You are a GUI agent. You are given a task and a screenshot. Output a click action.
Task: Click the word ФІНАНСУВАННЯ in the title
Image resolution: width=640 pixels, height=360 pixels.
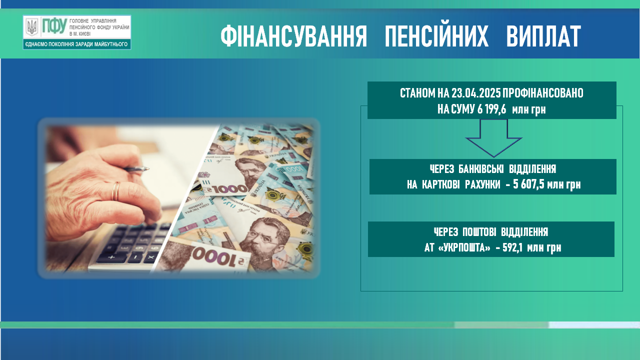coord(293,36)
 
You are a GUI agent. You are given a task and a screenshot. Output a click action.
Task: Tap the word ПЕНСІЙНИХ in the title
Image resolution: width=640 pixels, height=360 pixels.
coord(436,36)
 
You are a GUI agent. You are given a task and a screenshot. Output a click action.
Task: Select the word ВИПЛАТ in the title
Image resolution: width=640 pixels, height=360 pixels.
coord(543,36)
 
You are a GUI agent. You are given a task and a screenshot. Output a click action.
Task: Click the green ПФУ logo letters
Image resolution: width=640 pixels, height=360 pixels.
coord(54,26)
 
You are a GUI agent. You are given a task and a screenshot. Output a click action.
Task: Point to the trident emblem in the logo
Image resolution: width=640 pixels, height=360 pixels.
coord(31,27)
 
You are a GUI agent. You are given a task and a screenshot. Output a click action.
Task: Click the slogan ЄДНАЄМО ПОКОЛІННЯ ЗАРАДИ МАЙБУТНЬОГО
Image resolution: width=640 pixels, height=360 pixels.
coord(76,44)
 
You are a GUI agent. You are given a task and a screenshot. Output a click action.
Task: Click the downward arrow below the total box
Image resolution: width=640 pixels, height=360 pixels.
coord(493,138)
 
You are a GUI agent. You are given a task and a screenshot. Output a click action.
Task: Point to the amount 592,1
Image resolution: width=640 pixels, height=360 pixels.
coord(512,247)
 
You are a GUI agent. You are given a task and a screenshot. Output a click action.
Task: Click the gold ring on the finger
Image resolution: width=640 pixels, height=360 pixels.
coord(115,191)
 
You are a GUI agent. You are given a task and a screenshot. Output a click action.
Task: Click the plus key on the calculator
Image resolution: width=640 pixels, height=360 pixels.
coord(111,257)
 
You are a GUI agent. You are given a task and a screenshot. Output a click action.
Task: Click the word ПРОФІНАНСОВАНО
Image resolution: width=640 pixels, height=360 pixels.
coord(543,93)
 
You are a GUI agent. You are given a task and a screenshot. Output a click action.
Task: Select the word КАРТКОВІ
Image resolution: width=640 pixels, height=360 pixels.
coord(441,185)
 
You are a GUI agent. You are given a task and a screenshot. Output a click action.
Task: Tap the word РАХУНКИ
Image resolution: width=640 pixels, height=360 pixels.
coord(482,185)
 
